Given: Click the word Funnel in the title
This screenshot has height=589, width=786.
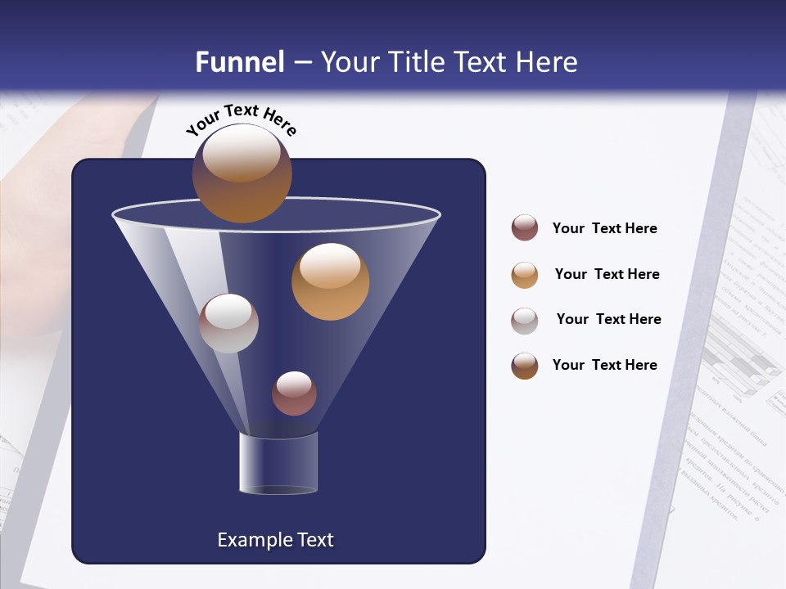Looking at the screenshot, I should coord(239,62).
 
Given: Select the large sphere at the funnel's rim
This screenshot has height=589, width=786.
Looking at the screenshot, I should coord(242,173).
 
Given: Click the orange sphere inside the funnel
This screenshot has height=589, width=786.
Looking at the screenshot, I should coord(330,281).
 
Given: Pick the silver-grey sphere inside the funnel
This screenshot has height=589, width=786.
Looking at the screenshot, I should coord(228,323).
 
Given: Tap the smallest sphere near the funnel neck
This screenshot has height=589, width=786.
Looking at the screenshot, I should coord(294,393).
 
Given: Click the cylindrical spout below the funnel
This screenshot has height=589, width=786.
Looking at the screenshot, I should coord(278,462).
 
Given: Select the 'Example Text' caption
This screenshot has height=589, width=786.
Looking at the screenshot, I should coord(275,540).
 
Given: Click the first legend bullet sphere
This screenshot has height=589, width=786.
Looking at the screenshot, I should coord(525,227).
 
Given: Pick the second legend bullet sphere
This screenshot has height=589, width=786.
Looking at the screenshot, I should coord(525,275).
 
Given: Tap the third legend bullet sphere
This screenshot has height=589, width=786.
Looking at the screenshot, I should coord(525,321).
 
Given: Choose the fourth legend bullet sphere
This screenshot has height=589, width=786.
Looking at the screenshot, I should coord(525,366).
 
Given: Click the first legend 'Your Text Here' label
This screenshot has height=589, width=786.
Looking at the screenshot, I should coord(604,228).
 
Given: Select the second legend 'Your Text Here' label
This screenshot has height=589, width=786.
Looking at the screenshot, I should coord(607,274).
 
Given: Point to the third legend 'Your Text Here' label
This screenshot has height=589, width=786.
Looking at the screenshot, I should coord(608,319).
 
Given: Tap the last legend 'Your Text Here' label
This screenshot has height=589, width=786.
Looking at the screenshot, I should coord(604,365).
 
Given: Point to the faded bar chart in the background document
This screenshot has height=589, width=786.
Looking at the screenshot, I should coord(741,360).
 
